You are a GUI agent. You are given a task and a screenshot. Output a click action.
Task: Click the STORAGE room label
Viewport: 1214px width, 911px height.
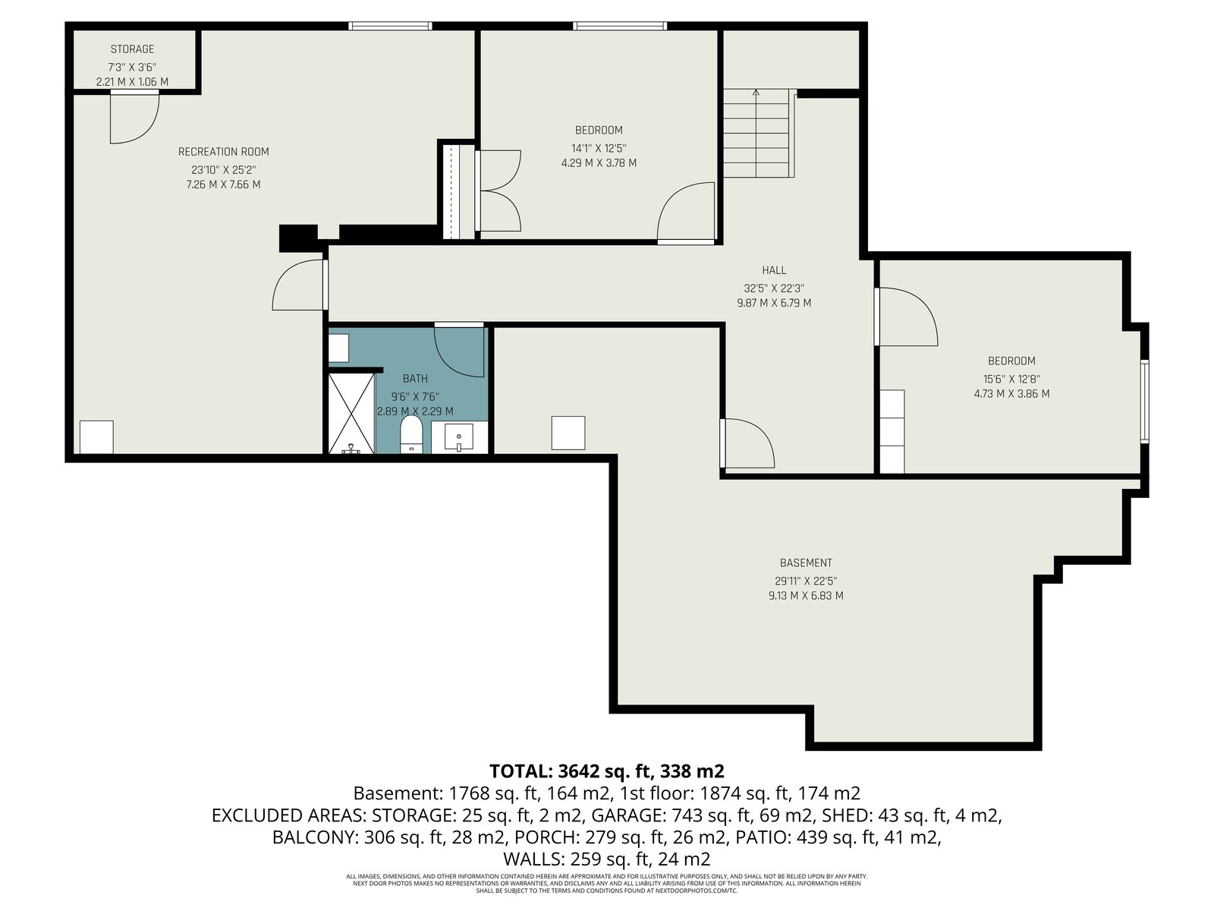click(132, 49)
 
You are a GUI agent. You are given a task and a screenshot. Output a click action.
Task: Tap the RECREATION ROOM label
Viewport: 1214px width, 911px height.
click(223, 152)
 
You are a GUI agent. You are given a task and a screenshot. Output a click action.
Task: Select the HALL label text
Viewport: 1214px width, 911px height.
click(774, 270)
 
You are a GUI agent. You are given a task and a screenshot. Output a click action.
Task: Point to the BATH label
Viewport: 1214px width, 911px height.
click(415, 378)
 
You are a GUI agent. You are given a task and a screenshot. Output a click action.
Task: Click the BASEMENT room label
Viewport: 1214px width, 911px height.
click(806, 563)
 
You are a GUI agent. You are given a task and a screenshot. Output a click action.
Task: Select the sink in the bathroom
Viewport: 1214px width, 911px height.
click(459, 437)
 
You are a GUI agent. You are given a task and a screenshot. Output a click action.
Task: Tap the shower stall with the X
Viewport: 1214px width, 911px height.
click(352, 413)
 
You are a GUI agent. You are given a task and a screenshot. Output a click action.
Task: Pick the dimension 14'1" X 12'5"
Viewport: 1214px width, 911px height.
click(599, 148)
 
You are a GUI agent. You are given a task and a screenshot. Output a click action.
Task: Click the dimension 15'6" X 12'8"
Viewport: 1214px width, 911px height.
click(1011, 379)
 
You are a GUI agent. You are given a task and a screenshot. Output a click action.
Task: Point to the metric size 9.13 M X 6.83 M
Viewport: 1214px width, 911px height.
click(806, 596)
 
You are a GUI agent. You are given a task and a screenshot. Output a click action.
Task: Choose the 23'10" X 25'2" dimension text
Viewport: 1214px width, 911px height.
click(223, 170)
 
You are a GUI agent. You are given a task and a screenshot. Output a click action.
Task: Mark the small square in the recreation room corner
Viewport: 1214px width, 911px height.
click(96, 437)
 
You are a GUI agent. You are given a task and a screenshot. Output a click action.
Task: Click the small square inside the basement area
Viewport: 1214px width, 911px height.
click(568, 433)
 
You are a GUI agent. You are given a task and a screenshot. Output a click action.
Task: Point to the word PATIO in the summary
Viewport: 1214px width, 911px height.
click(763, 837)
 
